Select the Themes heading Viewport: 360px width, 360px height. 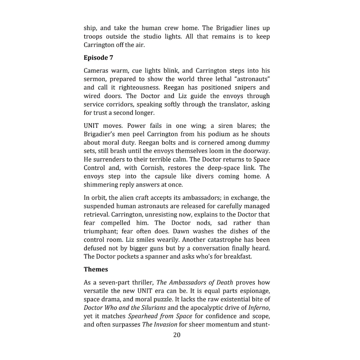pyautogui.click(x=96, y=269)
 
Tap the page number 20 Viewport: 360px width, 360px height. pyautogui.click(x=177, y=335)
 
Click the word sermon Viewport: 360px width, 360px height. pyautogui.click(x=95, y=79)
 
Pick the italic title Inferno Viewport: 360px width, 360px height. pyautogui.click(x=258, y=308)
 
